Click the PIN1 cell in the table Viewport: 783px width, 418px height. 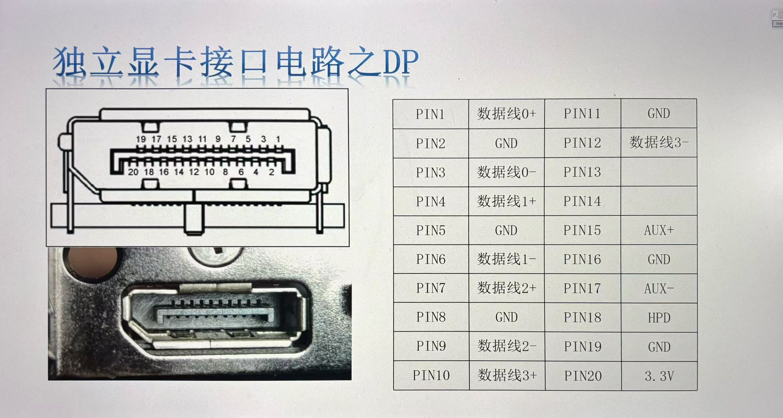(431, 114)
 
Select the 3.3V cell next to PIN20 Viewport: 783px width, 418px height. (659, 376)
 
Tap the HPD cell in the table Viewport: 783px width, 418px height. (659, 318)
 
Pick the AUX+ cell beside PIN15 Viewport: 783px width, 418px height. (659, 230)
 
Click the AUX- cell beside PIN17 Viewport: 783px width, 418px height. (659, 289)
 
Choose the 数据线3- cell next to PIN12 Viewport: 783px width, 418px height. (659, 143)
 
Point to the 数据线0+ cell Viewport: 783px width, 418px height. (506, 114)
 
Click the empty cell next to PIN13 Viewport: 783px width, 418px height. (659, 172)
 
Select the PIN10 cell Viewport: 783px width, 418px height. (431, 376)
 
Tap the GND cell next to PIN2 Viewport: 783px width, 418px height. (506, 143)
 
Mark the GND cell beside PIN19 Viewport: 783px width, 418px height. (659, 347)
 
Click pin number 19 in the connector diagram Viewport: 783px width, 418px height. (141, 139)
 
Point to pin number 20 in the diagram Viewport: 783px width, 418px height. (133, 172)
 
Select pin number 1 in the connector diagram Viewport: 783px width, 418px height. (278, 139)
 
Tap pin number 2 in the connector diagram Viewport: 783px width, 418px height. (271, 172)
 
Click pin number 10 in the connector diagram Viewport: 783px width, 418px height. (209, 172)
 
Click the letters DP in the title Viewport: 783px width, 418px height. (401, 62)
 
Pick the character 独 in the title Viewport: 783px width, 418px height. (70, 62)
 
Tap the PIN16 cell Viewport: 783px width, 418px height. (582, 259)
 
